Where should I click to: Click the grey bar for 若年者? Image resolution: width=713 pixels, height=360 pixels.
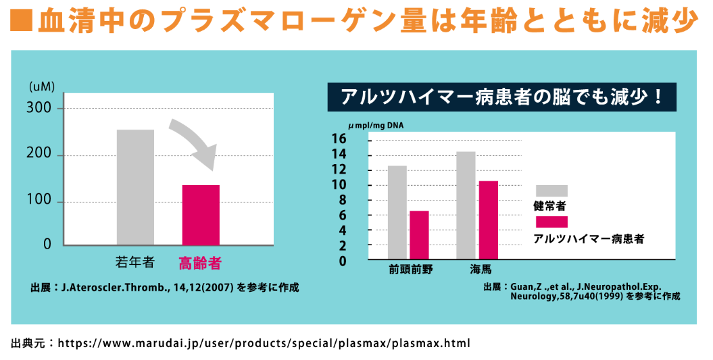click(135, 187)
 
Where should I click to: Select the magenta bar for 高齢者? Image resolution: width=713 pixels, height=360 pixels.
click(201, 215)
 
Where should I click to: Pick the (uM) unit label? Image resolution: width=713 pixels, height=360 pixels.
click(42, 86)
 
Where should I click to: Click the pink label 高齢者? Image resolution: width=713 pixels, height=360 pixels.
click(200, 261)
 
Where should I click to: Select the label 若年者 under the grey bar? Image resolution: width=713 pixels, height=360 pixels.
click(135, 261)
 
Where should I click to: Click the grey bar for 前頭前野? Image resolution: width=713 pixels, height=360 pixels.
click(397, 212)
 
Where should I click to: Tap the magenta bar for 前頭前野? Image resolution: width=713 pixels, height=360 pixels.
click(419, 235)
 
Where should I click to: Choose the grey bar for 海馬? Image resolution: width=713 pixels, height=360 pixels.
click(466, 205)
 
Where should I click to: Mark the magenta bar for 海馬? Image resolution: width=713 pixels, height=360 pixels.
click(488, 220)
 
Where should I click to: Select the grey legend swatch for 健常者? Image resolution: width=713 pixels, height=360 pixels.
click(551, 190)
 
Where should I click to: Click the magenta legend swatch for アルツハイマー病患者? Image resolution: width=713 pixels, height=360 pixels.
click(551, 222)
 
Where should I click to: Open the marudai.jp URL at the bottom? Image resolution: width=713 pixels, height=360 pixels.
click(264, 342)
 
